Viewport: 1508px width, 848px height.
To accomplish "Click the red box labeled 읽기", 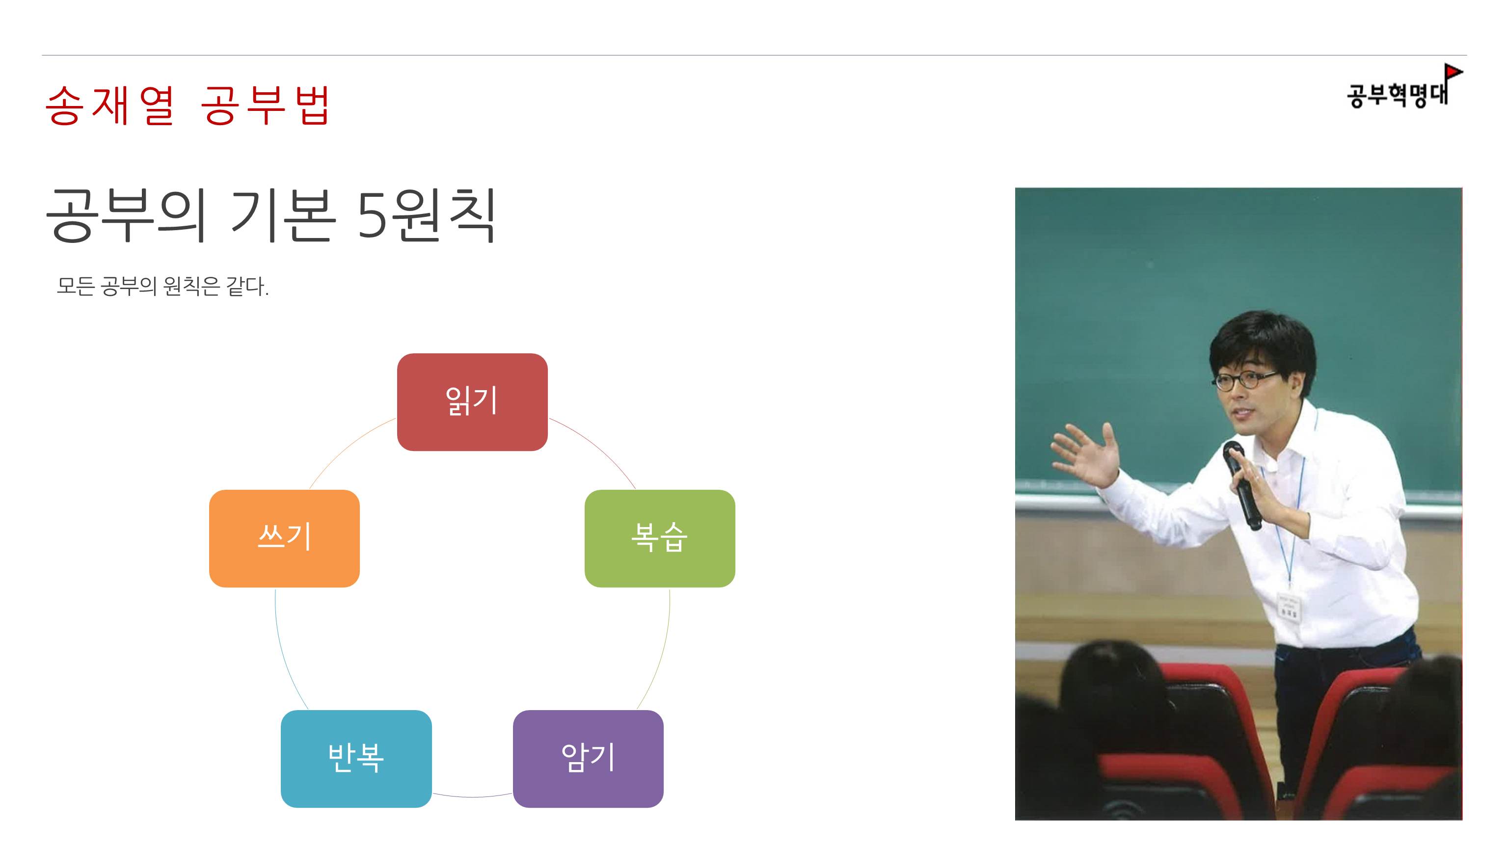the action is (472, 401).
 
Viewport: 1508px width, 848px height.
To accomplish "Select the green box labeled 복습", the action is (660, 538).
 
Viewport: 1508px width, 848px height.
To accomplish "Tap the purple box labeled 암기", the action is (588, 759).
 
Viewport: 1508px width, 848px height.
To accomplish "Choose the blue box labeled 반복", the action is (356, 759).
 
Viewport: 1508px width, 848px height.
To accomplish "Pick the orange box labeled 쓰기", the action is (284, 538).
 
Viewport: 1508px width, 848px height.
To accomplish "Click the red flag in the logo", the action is (1453, 73).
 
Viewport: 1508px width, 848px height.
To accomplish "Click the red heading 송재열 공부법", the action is (188, 106).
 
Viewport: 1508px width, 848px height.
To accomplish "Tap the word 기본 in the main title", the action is (283, 215).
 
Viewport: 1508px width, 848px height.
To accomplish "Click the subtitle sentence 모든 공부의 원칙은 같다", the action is (162, 286).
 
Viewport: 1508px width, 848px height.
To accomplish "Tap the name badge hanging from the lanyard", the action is (1289, 608).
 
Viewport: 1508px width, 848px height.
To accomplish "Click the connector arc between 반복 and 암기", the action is (472, 796).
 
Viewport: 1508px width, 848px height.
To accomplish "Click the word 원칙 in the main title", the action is (444, 215).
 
